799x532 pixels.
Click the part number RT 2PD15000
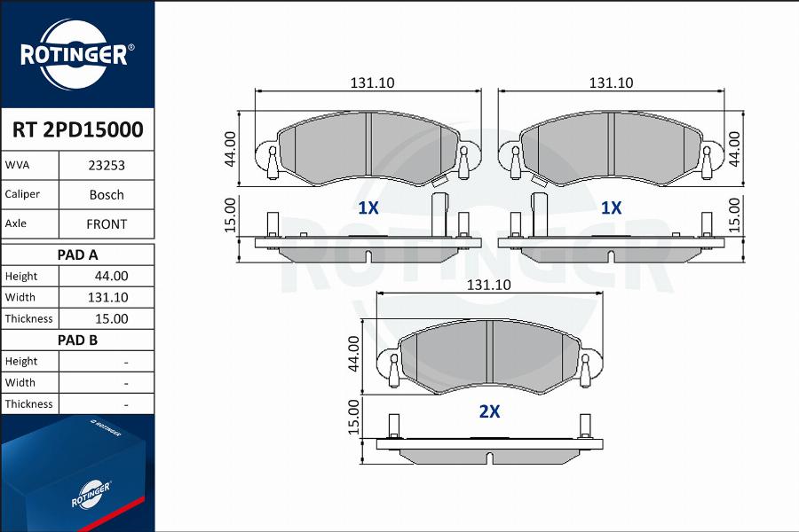click(77, 129)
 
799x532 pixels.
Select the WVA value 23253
click(107, 166)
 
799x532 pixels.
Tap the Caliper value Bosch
click(107, 194)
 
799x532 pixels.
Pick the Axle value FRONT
click(107, 224)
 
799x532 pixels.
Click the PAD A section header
click(77, 254)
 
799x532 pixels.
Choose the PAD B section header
click(77, 340)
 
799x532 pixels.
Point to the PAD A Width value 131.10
click(107, 297)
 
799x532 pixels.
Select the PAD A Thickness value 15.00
click(111, 318)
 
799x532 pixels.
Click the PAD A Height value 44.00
click(111, 276)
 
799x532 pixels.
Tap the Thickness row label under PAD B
click(28, 403)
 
